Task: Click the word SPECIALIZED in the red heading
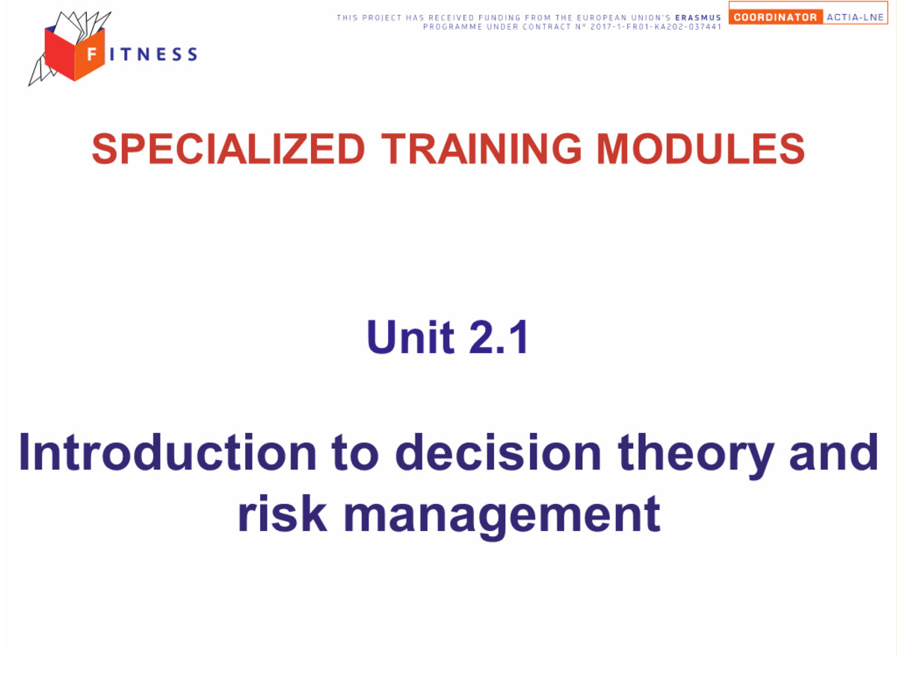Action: [x=228, y=148]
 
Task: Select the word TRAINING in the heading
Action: [x=481, y=148]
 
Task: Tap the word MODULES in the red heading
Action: [x=700, y=148]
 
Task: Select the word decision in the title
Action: [x=498, y=452]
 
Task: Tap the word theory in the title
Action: [x=695, y=456]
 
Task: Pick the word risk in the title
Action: [x=283, y=513]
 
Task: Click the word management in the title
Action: [x=502, y=517]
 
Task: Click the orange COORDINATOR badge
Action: [x=775, y=17]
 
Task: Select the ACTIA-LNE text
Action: [x=854, y=17]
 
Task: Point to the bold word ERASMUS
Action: [x=698, y=17]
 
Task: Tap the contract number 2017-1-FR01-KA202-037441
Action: [x=656, y=27]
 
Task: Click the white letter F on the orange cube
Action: [x=91, y=54]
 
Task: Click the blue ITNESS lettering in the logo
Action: [x=154, y=55]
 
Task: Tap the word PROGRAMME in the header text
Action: [x=452, y=27]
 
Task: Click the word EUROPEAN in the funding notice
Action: [x=602, y=17]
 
